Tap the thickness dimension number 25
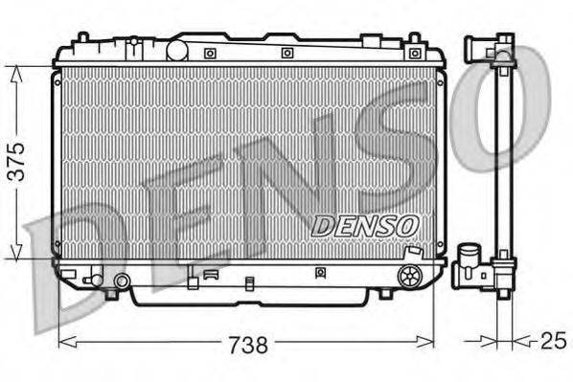click(553, 341)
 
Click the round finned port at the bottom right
click(410, 277)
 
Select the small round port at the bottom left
click(122, 281)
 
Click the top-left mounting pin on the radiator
click(83, 39)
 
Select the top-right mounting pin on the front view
click(414, 40)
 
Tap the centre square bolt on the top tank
click(286, 53)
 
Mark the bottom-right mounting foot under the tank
click(384, 293)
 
